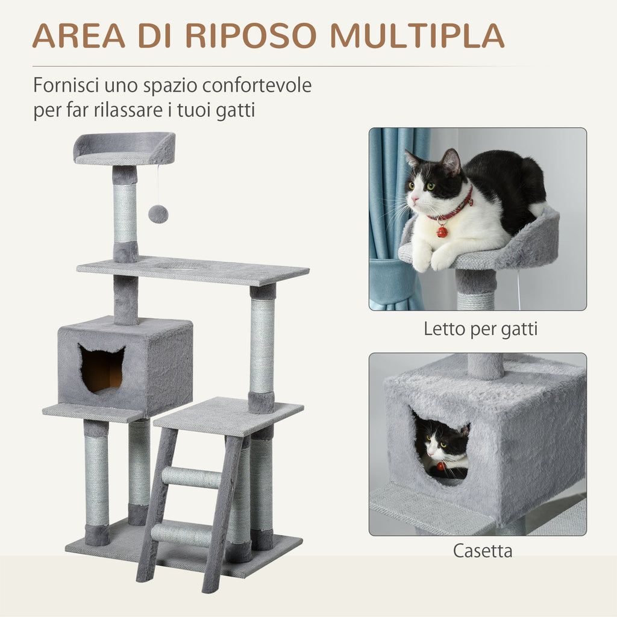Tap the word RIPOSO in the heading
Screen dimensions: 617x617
click(251, 36)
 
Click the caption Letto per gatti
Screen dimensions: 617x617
click(480, 328)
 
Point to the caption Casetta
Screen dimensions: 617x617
click(482, 551)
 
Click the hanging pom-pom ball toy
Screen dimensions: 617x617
click(158, 214)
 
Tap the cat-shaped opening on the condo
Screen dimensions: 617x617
click(102, 369)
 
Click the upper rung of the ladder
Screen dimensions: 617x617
click(192, 478)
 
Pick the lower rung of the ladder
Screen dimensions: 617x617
click(181, 534)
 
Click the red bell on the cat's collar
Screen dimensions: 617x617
click(442, 231)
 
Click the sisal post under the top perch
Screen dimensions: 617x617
click(125, 214)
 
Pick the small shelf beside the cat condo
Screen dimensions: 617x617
click(90, 412)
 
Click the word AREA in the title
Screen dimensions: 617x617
click(78, 36)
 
